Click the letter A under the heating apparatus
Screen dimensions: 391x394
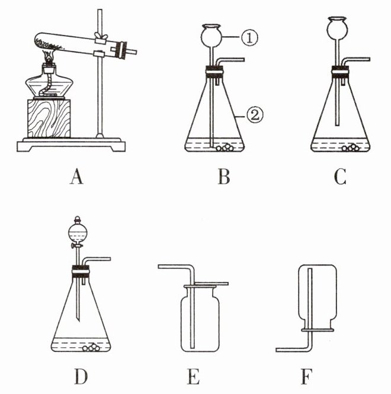point(76,177)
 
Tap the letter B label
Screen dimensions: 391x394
point(224,177)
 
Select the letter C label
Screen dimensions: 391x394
point(340,177)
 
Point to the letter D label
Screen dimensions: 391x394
point(81,376)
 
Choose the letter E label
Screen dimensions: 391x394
point(194,376)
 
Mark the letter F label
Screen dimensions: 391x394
point(307,376)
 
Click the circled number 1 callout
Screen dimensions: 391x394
point(249,38)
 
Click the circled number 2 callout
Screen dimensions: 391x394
point(255,115)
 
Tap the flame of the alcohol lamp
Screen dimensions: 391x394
point(49,56)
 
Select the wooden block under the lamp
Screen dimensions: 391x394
point(49,118)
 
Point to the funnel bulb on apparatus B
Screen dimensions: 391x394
point(211,36)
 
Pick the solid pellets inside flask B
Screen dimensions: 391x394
point(225,148)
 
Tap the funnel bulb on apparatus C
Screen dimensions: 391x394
point(337,28)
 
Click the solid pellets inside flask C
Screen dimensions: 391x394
point(350,148)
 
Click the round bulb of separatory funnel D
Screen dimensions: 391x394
point(78,233)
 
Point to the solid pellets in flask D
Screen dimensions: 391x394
point(91,347)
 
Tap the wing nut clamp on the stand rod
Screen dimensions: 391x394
point(101,36)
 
